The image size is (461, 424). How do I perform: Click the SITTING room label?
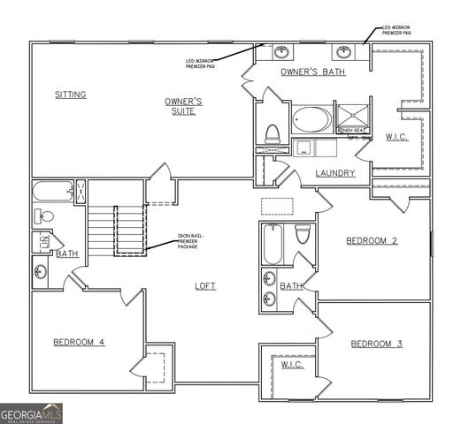[70, 95]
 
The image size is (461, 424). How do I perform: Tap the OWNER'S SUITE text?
[184, 107]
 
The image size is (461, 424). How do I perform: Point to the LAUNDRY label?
[335, 173]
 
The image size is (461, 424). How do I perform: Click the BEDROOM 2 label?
[371, 240]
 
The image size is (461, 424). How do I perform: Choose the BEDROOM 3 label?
[376, 344]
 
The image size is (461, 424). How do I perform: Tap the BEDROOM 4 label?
[79, 342]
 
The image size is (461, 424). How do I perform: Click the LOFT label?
[205, 285]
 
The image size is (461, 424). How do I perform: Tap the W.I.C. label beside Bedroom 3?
[293, 364]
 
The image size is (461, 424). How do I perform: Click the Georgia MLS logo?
[32, 413]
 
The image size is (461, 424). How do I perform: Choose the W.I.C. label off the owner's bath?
[396, 137]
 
